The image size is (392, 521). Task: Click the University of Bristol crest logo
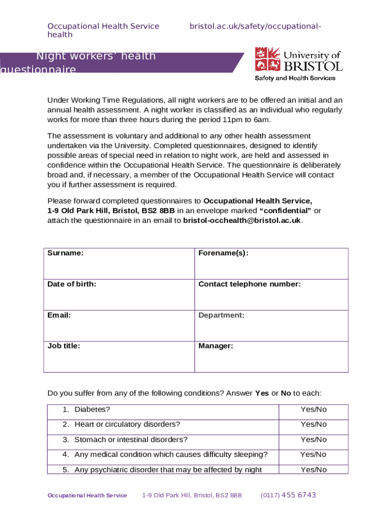(x=268, y=59)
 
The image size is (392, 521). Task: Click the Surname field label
(x=66, y=253)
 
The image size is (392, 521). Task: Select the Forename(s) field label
(x=223, y=253)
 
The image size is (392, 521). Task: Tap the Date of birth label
(x=72, y=284)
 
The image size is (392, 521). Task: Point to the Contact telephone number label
(x=249, y=284)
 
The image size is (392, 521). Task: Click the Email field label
(x=59, y=315)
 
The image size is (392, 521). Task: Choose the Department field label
(x=221, y=315)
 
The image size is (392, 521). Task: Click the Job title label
(x=64, y=346)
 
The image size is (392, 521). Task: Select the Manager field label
(x=216, y=346)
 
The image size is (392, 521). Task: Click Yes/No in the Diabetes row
(x=314, y=410)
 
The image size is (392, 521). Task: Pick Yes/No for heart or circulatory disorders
(x=314, y=424)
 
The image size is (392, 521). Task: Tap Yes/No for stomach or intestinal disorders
(x=314, y=440)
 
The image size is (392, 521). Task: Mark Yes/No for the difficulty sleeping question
(x=314, y=454)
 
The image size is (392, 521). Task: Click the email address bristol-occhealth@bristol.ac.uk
(x=242, y=220)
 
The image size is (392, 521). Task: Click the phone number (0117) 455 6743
(x=288, y=495)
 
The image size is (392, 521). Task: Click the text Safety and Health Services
(x=295, y=78)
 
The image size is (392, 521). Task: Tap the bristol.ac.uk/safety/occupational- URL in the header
(x=255, y=26)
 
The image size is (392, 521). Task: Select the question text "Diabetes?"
(x=92, y=410)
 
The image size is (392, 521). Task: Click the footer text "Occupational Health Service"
(x=87, y=496)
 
